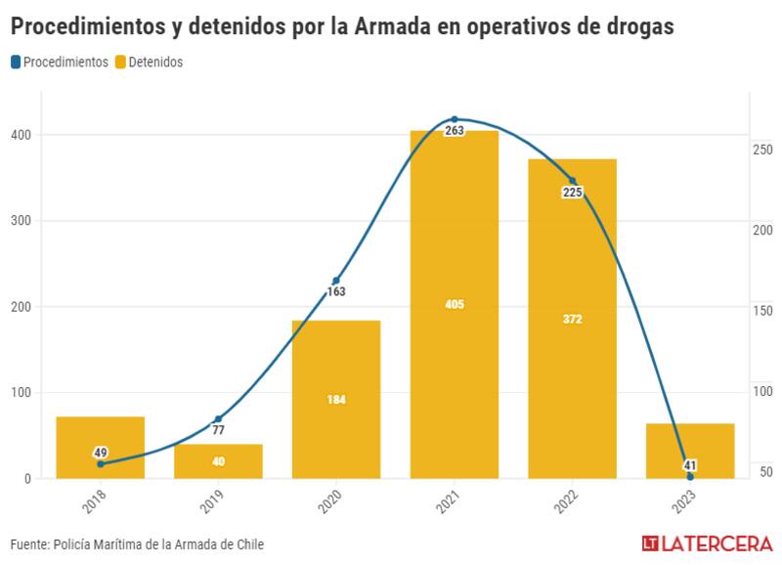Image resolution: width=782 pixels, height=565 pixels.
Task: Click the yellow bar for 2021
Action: point(454,244)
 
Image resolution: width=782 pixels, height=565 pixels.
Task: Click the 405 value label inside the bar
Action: point(454,305)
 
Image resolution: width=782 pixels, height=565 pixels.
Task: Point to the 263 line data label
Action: point(454,130)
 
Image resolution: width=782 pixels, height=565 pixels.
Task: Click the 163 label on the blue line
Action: point(336,291)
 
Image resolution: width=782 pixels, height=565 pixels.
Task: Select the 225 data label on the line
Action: point(572,193)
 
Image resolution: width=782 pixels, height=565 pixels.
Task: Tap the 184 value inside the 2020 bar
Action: point(336,400)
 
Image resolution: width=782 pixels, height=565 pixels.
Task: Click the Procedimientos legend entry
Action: point(60,62)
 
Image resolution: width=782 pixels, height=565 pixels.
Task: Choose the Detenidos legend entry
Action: point(149,62)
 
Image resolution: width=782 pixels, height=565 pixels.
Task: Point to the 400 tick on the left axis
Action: point(20,135)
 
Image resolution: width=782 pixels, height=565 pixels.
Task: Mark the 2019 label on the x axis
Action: point(211,502)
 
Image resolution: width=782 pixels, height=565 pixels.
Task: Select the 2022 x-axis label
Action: point(566,502)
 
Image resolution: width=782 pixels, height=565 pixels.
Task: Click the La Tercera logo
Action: point(707,543)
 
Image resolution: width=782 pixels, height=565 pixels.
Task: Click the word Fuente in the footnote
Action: point(31,544)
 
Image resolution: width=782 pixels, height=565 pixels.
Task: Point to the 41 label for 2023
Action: point(690,465)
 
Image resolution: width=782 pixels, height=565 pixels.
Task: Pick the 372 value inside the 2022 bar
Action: point(572,319)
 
